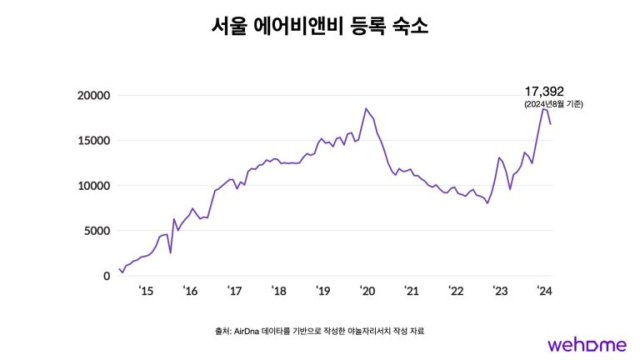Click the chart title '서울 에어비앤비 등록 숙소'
click(x=319, y=27)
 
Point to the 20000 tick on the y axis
click(x=94, y=95)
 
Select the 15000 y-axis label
click(x=94, y=140)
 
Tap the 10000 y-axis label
click(x=94, y=185)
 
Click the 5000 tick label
click(x=97, y=231)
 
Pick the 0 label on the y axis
click(x=107, y=276)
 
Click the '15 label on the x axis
click(x=146, y=292)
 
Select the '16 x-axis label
click(x=190, y=292)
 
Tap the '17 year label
click(x=234, y=292)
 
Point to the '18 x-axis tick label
click(x=278, y=292)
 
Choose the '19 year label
click(x=322, y=292)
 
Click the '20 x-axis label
click(x=367, y=292)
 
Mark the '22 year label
click(x=455, y=292)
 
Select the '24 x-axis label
click(x=543, y=292)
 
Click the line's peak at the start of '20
click(x=366, y=108)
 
